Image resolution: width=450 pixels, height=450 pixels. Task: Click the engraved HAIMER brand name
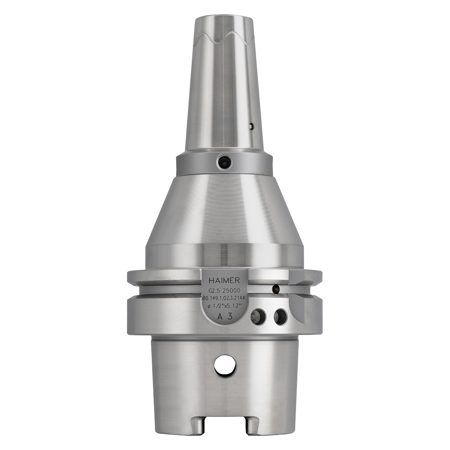click(x=224, y=281)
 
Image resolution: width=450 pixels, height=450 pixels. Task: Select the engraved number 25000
click(x=231, y=290)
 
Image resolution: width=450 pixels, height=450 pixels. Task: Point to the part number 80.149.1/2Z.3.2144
click(x=225, y=298)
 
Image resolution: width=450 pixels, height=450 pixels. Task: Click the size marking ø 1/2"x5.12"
click(x=225, y=306)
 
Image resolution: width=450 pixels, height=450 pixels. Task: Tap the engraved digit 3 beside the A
click(x=230, y=316)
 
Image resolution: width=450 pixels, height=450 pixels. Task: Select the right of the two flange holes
click(x=281, y=316)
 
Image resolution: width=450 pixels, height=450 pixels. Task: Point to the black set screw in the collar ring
click(x=224, y=162)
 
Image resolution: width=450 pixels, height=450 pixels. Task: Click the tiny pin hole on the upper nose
click(x=250, y=126)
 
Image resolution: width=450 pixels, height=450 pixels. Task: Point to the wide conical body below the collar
click(x=225, y=211)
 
